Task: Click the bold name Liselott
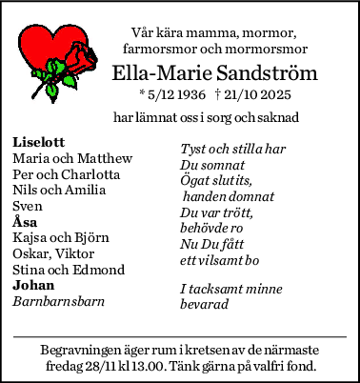click(39, 142)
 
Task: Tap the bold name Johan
click(33, 285)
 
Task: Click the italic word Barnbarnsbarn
click(58, 301)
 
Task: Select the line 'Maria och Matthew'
click(72, 158)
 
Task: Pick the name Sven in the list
click(28, 206)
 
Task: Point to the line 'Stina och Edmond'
click(70, 270)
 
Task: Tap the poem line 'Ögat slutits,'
click(215, 181)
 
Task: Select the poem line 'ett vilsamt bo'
click(220, 260)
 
